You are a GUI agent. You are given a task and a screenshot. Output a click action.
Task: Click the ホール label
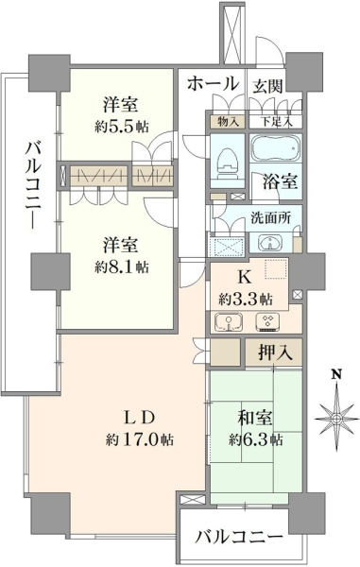tap(213, 84)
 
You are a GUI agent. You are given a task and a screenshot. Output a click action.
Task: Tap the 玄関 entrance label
tap(267, 87)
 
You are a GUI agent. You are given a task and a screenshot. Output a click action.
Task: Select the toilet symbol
tap(227, 162)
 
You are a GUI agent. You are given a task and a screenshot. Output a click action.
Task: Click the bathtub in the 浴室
tap(275, 148)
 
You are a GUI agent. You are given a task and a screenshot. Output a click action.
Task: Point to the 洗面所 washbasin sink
tap(270, 243)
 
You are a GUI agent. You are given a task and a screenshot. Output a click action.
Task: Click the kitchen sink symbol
tap(229, 322)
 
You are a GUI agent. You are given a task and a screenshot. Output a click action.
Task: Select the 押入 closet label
tap(275, 352)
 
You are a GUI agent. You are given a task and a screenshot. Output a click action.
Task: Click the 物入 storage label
tap(228, 122)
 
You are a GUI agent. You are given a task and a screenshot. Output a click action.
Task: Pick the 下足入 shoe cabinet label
tap(276, 122)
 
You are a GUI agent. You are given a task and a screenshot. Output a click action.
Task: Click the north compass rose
tap(337, 419)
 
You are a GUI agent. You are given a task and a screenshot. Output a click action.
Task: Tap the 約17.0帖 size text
tap(140, 439)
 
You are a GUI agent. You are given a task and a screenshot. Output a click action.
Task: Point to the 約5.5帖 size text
tap(122, 127)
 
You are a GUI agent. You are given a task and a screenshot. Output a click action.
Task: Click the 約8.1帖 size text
tap(122, 266)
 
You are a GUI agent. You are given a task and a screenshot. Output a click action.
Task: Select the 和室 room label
tap(255, 419)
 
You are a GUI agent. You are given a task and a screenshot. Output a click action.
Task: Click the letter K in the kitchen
tap(245, 278)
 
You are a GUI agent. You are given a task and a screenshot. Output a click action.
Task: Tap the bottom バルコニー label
tap(238, 538)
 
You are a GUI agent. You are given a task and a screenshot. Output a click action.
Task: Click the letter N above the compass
tap(337, 374)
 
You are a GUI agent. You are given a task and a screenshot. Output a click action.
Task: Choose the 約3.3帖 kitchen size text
tap(246, 299)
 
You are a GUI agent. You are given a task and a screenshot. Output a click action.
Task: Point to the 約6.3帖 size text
tap(255, 439)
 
